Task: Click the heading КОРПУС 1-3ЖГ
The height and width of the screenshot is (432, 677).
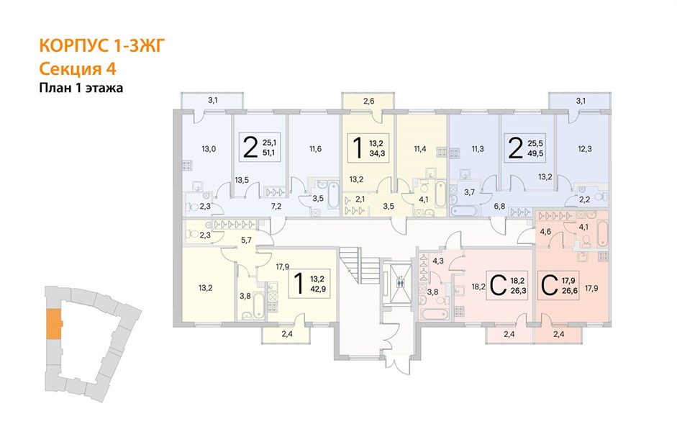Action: coord(102,46)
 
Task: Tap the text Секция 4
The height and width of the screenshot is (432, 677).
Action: coord(78,68)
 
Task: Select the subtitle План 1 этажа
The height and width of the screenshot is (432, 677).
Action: coord(81,88)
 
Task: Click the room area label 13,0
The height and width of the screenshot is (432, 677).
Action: coord(209,149)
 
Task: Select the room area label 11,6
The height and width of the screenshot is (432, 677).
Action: coord(315,149)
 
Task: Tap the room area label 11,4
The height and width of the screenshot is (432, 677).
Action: coord(420,149)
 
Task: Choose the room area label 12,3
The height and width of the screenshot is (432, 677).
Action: coord(585,149)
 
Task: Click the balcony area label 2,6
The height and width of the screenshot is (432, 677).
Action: coord(368,102)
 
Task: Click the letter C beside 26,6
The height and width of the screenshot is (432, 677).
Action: coord(549,286)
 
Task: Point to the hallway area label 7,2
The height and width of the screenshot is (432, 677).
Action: coord(276,206)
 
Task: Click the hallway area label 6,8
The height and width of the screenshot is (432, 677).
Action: coord(499,206)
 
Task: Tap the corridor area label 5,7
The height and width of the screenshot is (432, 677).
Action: coord(246,240)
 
